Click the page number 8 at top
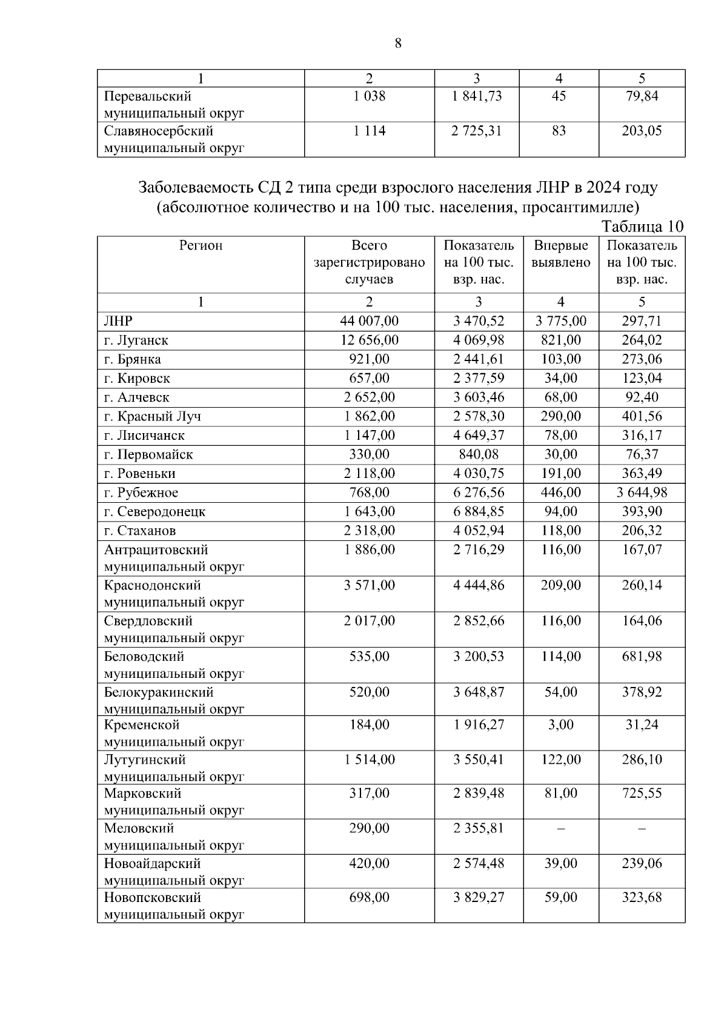[398, 43]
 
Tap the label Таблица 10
[642, 227]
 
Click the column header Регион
[201, 245]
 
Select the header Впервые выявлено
[561, 254]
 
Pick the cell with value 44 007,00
[369, 321]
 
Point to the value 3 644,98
[642, 492]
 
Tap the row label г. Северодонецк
[154, 512]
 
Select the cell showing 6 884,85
[478, 512]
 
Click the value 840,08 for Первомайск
[478, 454]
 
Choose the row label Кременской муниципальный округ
[173, 733]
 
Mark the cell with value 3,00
[560, 725]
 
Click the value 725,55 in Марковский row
[642, 794]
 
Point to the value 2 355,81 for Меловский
[478, 828]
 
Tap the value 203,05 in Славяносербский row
[642, 131]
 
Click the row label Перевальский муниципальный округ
[173, 104]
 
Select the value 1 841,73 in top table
[476, 96]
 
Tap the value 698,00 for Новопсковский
[369, 897]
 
